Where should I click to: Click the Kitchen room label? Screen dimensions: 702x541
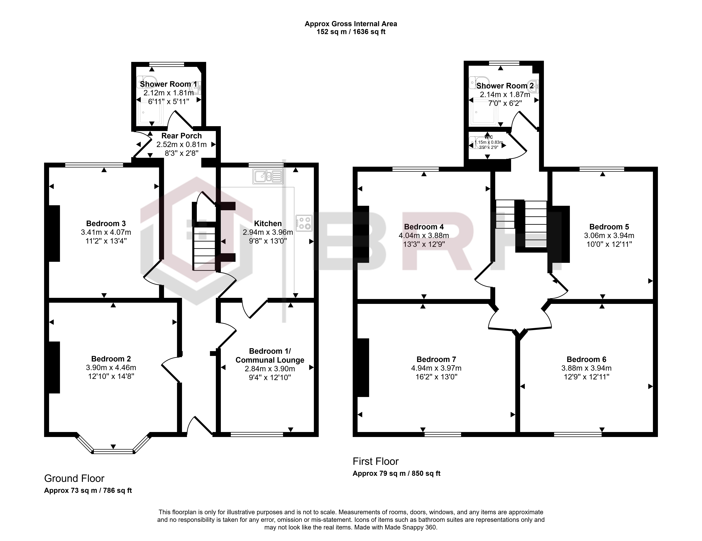click(268, 224)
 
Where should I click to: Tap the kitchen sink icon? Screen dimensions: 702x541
click(268, 176)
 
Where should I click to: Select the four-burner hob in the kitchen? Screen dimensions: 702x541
click(304, 223)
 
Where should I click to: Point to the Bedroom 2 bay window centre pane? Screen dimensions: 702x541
click(113, 451)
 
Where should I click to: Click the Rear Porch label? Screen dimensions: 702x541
click(182, 136)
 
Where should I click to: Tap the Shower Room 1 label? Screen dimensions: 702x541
click(168, 84)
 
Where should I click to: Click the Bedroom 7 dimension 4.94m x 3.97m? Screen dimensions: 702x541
click(436, 368)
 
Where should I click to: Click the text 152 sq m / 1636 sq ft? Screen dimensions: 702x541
click(351, 32)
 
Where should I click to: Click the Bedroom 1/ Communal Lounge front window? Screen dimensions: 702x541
click(257, 434)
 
